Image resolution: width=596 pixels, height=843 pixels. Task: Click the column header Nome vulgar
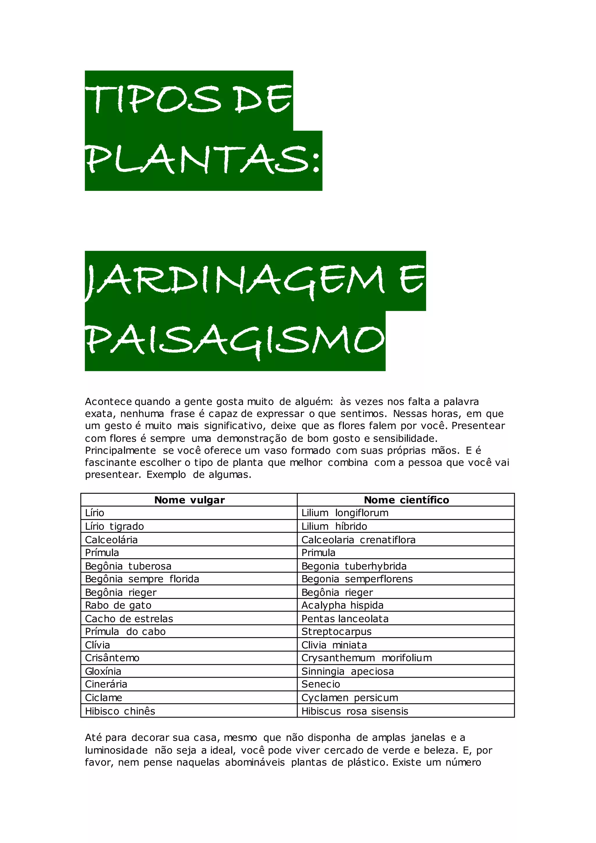click(x=189, y=500)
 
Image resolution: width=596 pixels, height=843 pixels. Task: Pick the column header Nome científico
click(x=406, y=500)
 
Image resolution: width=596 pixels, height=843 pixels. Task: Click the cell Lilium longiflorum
click(x=345, y=513)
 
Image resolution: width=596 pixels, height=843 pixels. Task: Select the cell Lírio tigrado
click(x=114, y=527)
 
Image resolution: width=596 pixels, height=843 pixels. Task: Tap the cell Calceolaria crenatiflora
click(x=358, y=540)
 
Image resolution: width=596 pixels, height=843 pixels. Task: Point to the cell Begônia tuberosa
click(x=128, y=566)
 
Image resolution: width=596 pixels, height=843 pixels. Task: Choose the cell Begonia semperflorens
click(x=357, y=579)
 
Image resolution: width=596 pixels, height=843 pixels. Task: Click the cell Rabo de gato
click(x=118, y=605)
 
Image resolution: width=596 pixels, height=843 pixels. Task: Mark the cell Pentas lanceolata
click(x=345, y=619)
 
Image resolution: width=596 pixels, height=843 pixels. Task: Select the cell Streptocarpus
click(x=336, y=631)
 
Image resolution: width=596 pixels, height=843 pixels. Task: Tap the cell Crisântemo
click(x=112, y=658)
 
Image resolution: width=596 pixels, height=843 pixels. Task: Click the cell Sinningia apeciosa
click(x=347, y=672)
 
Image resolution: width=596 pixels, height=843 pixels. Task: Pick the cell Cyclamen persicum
click(x=350, y=698)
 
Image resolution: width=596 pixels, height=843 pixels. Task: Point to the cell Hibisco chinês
click(x=120, y=711)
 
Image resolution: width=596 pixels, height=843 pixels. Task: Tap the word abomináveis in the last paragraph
click(x=255, y=763)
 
